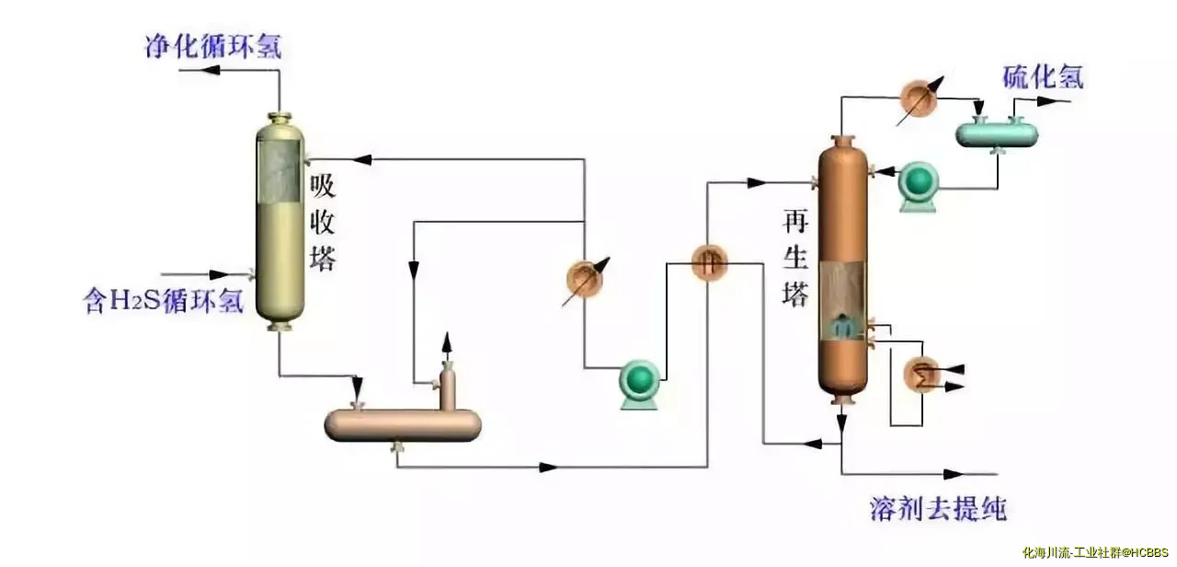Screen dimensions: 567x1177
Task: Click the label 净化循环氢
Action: point(212,46)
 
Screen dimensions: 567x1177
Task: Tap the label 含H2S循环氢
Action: point(164,301)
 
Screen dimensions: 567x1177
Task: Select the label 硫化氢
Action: point(1043,77)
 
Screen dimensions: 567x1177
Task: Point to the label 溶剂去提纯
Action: point(938,508)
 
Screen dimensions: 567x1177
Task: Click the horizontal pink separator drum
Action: point(402,423)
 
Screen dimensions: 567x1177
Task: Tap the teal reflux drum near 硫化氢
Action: point(997,133)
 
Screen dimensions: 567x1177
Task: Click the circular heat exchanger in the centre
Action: point(709,264)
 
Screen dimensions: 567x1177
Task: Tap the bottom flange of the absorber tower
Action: point(279,323)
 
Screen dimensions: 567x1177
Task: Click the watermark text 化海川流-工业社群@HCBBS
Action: point(1093,552)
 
